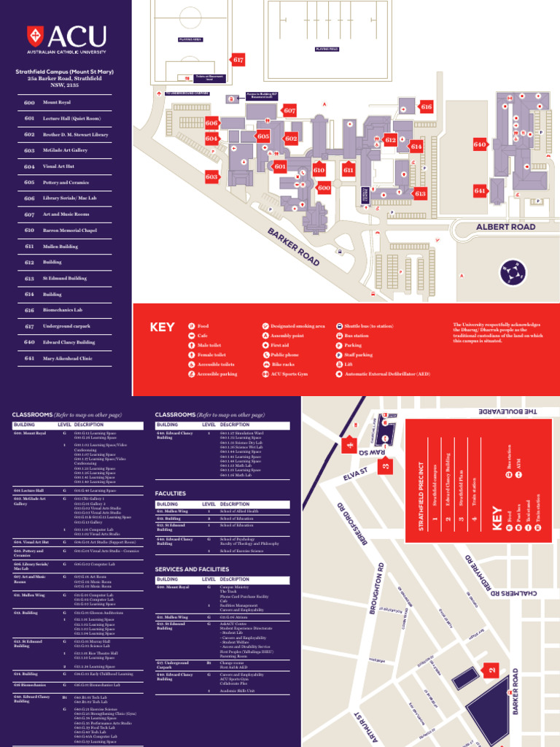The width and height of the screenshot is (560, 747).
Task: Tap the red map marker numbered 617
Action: coord(238,60)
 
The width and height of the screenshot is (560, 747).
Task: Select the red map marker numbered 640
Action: coord(479,144)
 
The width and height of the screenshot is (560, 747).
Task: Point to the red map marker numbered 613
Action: coord(420,193)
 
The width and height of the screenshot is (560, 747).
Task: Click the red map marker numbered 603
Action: coord(212,177)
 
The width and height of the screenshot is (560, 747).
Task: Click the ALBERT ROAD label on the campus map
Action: coord(505,227)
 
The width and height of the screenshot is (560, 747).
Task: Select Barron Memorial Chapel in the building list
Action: coord(70,231)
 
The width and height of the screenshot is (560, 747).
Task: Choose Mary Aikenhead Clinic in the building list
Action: coord(69,358)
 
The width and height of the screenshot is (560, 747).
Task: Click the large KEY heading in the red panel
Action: coord(163,328)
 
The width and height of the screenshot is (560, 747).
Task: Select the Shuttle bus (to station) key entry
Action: coord(371,326)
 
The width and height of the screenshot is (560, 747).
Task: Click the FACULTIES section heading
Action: coord(171,494)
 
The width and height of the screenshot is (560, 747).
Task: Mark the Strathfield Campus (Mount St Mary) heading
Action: coord(66,71)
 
